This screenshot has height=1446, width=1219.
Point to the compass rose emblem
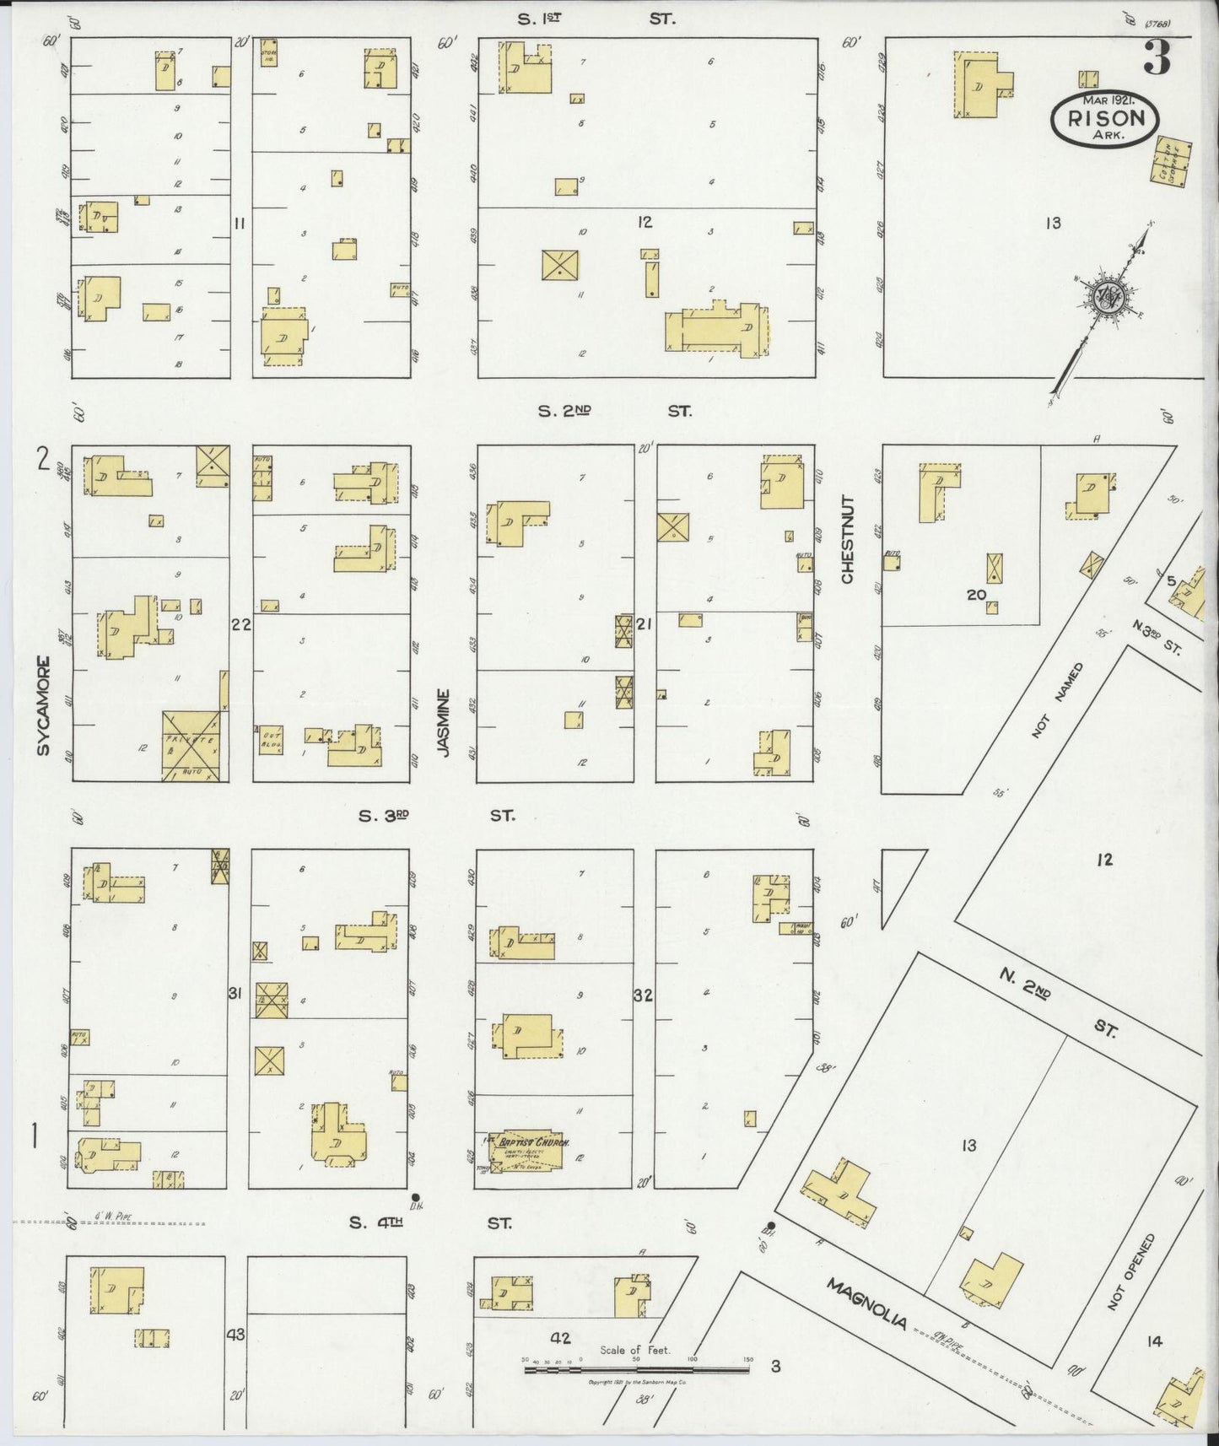pos(1104,296)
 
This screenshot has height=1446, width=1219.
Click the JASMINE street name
pos(445,722)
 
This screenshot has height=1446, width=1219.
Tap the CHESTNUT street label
pos(847,540)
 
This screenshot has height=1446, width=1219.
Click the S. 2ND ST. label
pos(615,411)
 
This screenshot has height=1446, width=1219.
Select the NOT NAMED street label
pos(1055,701)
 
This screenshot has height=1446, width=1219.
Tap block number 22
pos(241,624)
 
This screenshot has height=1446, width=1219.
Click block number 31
pos(235,994)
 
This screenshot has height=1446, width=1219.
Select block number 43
pos(235,1335)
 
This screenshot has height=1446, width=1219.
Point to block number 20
pos(977,596)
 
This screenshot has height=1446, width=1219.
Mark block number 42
pos(560,1338)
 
